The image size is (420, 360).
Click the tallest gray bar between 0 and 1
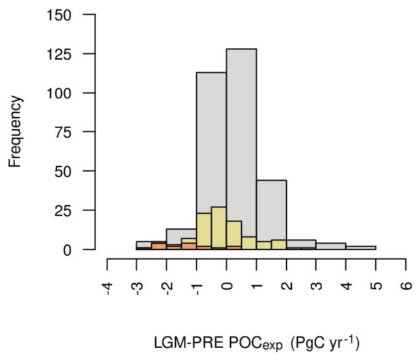coord(241,129)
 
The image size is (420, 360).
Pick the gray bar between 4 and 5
coord(360,248)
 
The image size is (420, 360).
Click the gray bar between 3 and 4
coord(331,246)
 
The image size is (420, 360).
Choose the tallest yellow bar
coord(219,228)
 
